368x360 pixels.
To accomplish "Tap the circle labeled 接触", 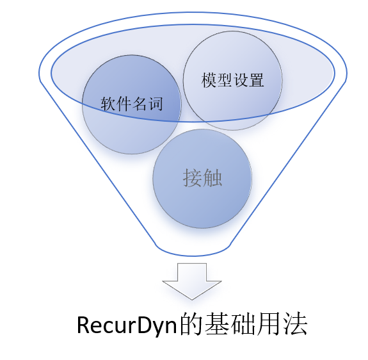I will tap(202, 179).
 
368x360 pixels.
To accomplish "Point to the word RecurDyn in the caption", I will tap(118, 325).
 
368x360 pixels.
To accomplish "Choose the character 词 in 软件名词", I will tap(156, 104).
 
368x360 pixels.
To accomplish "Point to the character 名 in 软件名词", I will tap(140, 104).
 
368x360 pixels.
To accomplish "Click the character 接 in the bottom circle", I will tap(192, 179).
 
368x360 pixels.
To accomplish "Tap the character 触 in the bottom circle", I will tap(213, 179).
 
